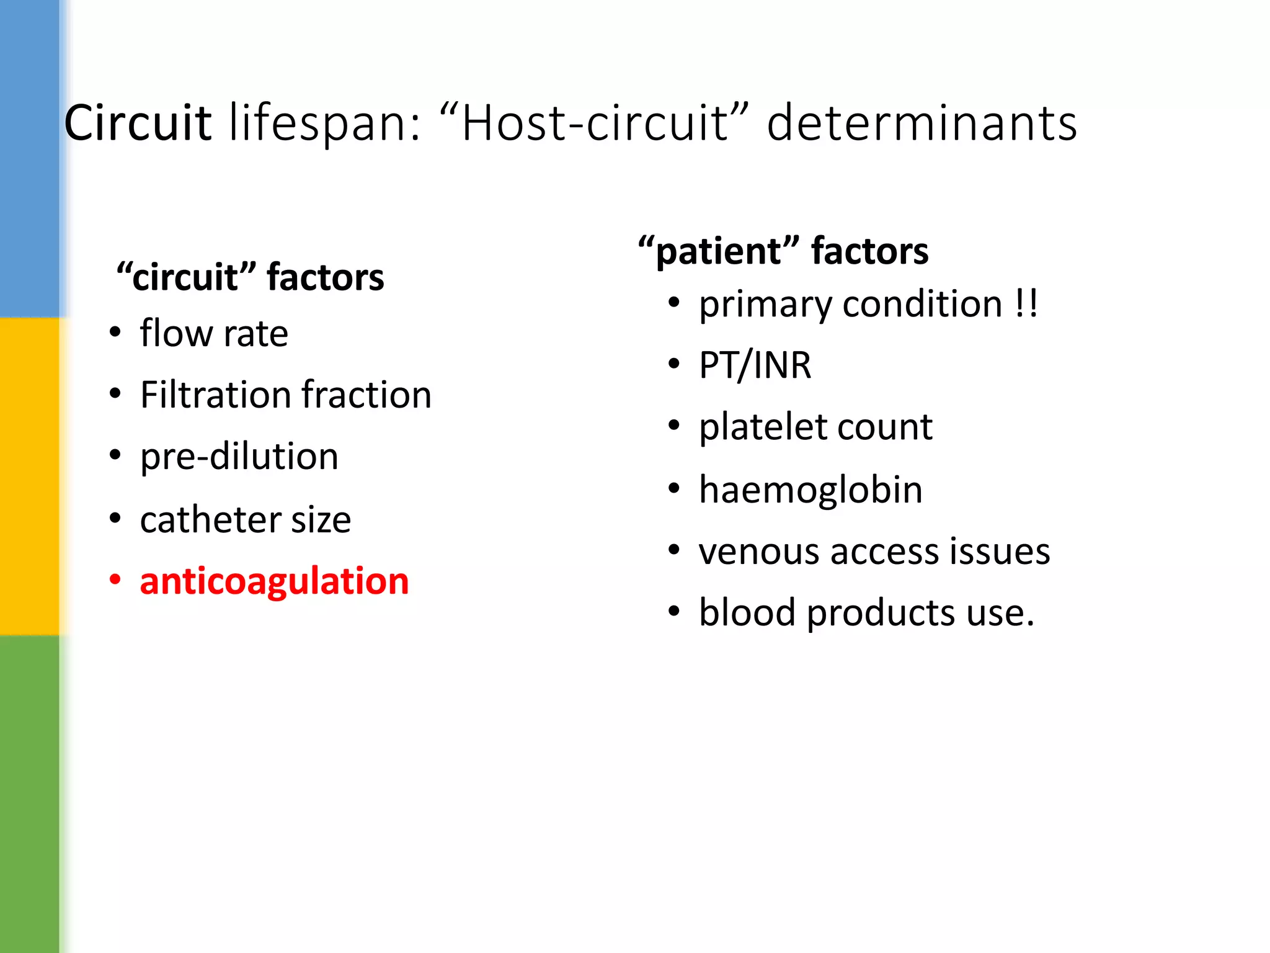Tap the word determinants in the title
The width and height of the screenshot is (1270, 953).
pos(921,123)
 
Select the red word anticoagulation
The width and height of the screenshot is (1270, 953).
pos(274,581)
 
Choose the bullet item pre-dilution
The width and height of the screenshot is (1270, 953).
pos(239,457)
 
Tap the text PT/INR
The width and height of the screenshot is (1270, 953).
pos(755,365)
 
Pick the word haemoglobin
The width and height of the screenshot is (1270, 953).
pos(810,490)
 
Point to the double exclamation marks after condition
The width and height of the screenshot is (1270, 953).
pos(1026,304)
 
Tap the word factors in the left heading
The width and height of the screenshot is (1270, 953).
pos(326,277)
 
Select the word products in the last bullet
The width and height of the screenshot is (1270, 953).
pos(881,614)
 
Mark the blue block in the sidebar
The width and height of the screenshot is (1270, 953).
pos(30,158)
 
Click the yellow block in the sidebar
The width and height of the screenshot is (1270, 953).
pos(30,476)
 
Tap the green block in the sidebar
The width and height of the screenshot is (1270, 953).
pos(30,794)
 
